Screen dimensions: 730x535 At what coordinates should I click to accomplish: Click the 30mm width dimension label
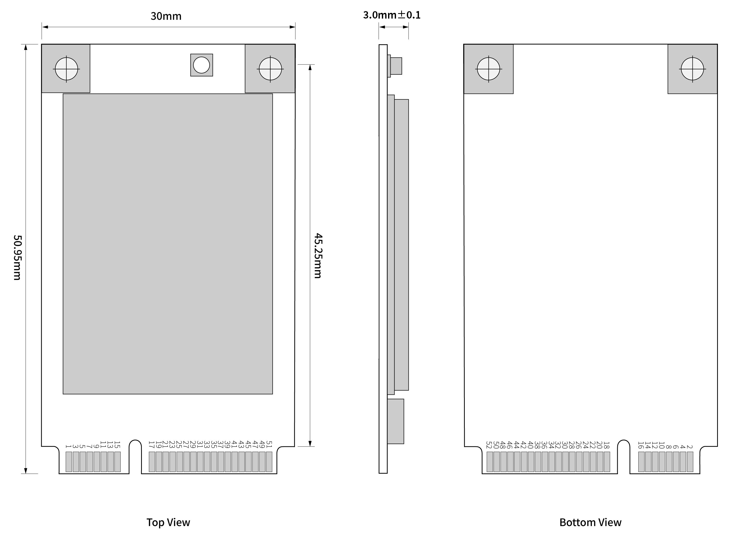[x=166, y=16]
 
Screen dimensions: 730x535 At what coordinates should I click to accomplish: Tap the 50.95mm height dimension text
[x=17, y=257]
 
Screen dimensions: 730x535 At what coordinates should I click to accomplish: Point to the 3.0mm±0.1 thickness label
[x=392, y=15]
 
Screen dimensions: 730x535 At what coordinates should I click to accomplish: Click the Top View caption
[x=168, y=522]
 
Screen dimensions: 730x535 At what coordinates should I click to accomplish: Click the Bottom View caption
[x=590, y=522]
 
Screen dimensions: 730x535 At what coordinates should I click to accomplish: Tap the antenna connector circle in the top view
[x=201, y=65]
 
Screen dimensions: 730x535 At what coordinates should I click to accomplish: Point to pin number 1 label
[x=68, y=446]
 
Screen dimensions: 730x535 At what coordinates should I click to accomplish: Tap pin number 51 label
[x=269, y=444]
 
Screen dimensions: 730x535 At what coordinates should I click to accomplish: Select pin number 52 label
[x=489, y=445]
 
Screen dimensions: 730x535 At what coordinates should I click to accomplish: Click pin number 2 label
[x=690, y=447]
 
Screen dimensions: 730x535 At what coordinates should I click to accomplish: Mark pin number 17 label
[x=151, y=444]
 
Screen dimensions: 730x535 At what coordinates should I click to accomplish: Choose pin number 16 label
[x=641, y=445]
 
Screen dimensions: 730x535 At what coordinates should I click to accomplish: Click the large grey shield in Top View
[x=168, y=244]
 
